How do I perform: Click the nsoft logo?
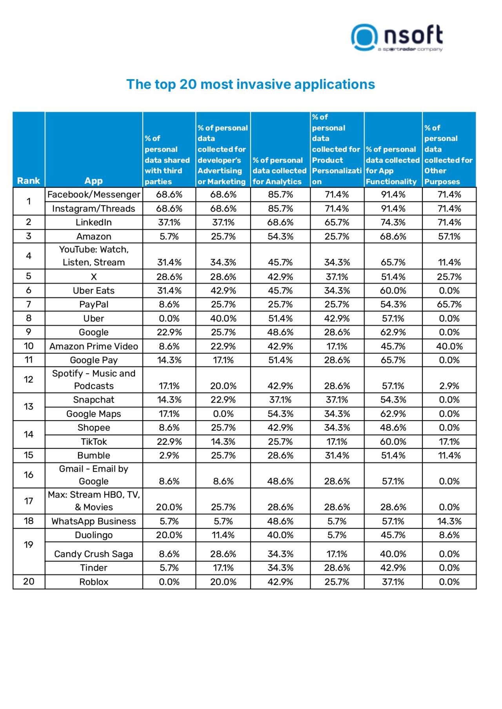point(397,37)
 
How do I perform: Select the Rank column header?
point(29,181)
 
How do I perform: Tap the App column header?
point(93,181)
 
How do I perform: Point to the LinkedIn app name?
point(94,223)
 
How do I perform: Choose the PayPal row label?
point(94,305)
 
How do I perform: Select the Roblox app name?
point(94,582)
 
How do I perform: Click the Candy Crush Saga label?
point(94,554)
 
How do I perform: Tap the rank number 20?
point(29,582)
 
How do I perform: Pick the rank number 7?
point(29,305)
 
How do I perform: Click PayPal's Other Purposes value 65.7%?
point(449,305)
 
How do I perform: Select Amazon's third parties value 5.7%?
point(169,237)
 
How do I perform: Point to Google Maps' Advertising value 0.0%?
point(223,414)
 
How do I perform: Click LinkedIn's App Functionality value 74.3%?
point(393,223)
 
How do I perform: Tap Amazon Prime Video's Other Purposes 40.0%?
point(449,346)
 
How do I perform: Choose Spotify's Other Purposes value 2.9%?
point(449,386)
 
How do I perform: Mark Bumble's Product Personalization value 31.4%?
point(337,455)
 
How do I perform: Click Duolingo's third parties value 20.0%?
point(169,535)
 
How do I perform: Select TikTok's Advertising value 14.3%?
point(223,442)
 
